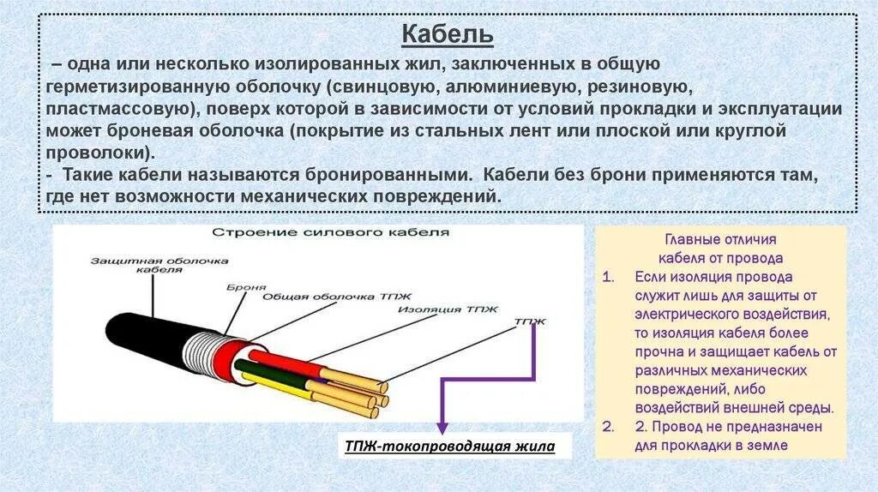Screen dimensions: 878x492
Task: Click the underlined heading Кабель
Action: [448, 35]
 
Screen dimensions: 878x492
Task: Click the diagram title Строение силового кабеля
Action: [330, 232]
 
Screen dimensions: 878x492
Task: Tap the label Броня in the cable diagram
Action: [247, 287]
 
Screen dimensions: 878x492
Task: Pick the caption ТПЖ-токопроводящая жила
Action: [449, 447]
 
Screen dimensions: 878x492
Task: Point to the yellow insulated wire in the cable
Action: [283, 393]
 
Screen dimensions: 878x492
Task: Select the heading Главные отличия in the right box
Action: [720, 240]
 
